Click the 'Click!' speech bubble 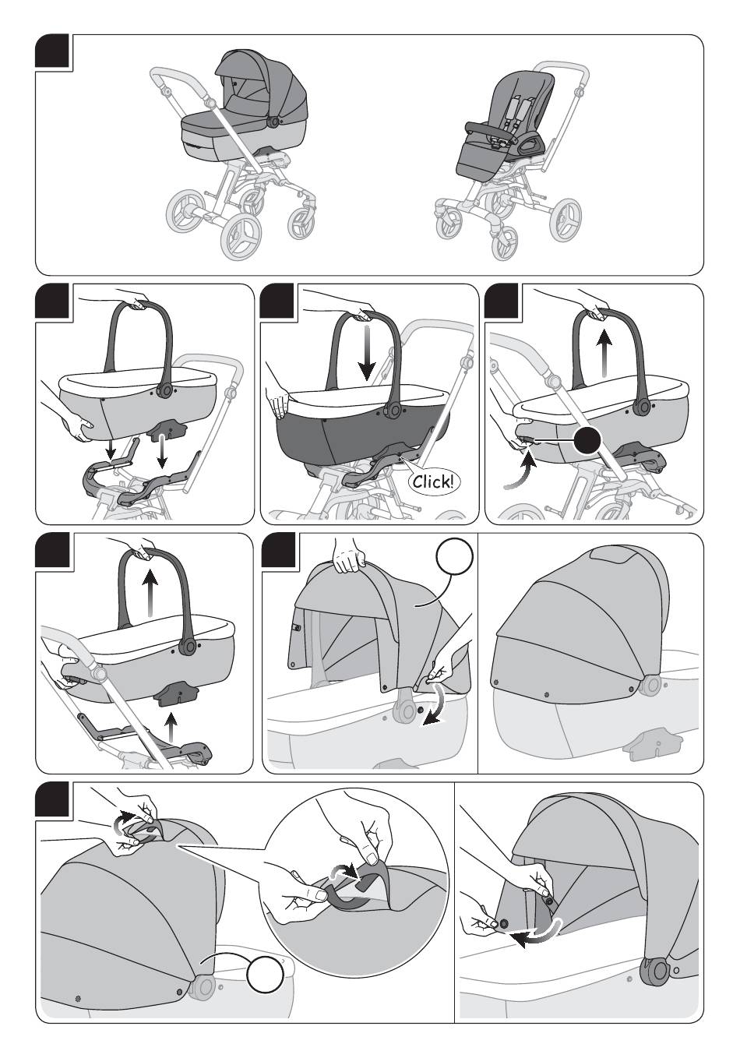pyautogui.click(x=433, y=481)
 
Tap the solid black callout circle pyautogui.click(x=587, y=440)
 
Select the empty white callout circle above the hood pyautogui.click(x=454, y=557)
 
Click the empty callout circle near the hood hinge pyautogui.click(x=266, y=973)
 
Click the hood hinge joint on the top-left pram pyautogui.click(x=273, y=121)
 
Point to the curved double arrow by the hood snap pyautogui.click(x=435, y=704)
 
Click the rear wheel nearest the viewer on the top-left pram pyautogui.click(x=242, y=236)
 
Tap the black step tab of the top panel pyautogui.click(x=52, y=51)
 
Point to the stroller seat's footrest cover pyautogui.click(x=479, y=158)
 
